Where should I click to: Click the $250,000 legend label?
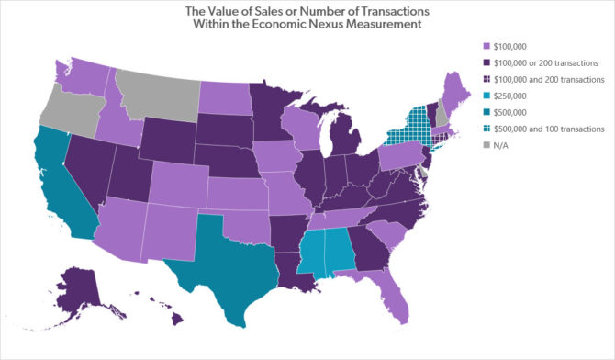point(514,96)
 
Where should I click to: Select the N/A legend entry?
point(504,145)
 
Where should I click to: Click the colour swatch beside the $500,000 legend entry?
point(486,112)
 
